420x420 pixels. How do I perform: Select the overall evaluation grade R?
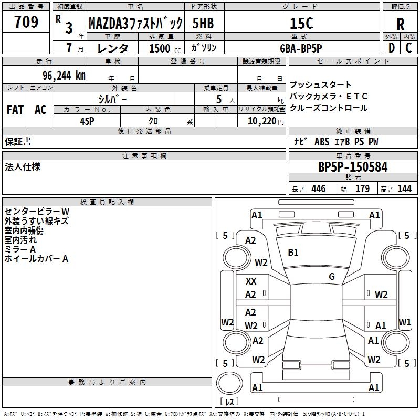pos(400,24)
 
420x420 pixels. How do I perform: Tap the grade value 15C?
pos(301,23)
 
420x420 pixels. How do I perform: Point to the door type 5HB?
pos(203,23)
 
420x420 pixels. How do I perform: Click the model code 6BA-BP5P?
pos(301,47)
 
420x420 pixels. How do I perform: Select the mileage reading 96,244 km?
pos(60,75)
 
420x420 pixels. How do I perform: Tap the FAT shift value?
pos(15,110)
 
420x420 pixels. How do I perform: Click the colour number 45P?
pos(87,120)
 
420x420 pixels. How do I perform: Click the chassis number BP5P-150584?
pos(353,167)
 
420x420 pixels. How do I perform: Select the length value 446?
pos(318,189)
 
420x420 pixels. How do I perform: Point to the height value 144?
pos(404,189)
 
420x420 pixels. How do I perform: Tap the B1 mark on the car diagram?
pos(293,253)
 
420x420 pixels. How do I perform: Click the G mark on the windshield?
pos(331,277)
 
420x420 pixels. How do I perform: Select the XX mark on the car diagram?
pos(251,281)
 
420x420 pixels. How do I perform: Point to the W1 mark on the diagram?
pos(405,322)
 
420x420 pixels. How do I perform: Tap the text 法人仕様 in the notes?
pos(23,167)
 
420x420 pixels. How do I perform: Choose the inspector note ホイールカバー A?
pos(36,258)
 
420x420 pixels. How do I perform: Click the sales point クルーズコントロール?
pos(329,108)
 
